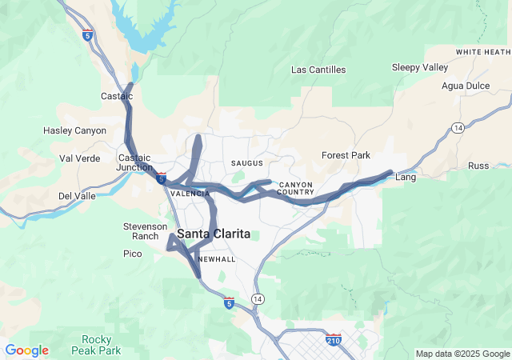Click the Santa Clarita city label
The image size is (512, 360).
coord(213,234)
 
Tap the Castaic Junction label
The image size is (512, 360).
coord(135,162)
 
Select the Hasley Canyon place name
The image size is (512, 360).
coord(74,130)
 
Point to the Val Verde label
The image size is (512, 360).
coord(80,158)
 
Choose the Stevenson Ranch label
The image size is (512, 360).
coord(145,231)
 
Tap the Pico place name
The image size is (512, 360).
coord(132,254)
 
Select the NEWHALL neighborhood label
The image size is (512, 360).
coord(216,260)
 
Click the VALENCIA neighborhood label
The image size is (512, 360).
coord(190,194)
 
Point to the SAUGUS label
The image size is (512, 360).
coord(246,163)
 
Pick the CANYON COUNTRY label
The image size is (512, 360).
coord(296,189)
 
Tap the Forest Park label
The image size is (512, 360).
coord(346,155)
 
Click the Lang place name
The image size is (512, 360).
coord(406,178)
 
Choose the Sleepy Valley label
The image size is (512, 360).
coord(420,67)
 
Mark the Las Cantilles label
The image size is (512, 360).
coord(318,70)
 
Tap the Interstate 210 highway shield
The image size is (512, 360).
coord(334,341)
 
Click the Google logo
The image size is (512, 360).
coord(26,350)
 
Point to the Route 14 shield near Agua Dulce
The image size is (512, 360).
coord(458,127)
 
